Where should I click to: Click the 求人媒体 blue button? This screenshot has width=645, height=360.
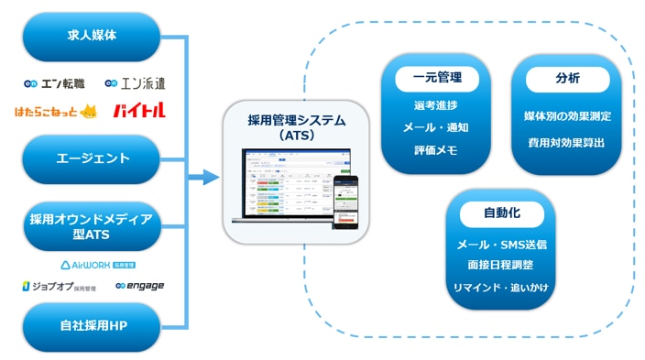coord(91,37)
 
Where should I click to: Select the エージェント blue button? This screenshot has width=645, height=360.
coord(91,158)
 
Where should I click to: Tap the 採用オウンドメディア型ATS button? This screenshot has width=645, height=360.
coord(91,226)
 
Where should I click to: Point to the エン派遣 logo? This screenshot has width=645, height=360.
coord(135,83)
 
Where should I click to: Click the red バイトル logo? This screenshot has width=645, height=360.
coord(138,112)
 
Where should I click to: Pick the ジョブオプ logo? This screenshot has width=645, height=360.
coord(57,286)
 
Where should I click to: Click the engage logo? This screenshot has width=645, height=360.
coord(139,286)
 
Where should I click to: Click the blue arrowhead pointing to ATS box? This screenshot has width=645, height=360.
coord(211,177)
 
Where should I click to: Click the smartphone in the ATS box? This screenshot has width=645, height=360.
coord(345,202)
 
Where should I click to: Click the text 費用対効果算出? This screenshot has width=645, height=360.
coord(567,143)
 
